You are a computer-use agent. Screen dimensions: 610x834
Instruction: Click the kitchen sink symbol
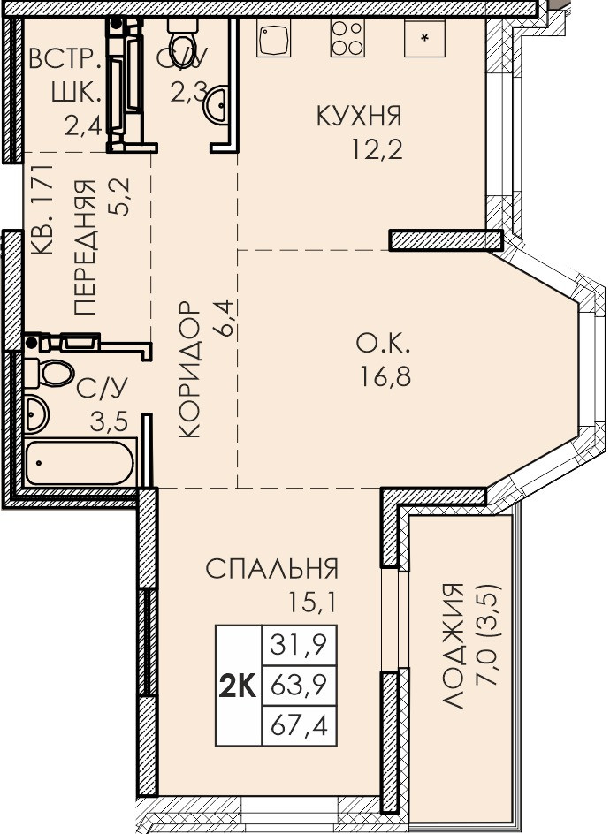pos(273,38)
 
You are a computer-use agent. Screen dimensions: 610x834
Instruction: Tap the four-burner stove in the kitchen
pos(347,38)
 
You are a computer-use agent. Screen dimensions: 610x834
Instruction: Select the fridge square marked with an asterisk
pos(424,38)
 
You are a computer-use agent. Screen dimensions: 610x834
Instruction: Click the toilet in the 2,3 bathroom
pos(182,34)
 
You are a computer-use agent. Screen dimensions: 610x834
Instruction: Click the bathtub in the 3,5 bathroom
pos(80,462)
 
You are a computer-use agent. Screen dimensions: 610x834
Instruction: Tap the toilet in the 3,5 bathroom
pos(49,373)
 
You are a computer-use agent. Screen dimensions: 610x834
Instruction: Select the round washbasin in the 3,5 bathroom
pos(37,414)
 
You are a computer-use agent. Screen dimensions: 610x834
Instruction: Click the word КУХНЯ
pos(359,117)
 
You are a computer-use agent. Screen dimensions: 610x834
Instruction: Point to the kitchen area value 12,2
pos(377,149)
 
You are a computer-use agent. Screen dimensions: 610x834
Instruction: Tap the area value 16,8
pos(385,378)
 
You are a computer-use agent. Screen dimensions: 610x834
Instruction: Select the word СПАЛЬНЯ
pos(272,569)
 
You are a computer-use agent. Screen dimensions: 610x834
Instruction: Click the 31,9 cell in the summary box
pos(299,646)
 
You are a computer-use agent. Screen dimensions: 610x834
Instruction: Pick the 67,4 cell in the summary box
pos(299,725)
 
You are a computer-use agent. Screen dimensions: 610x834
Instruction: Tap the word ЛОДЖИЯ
pos(454,646)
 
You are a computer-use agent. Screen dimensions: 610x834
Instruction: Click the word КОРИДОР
pos(189,369)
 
